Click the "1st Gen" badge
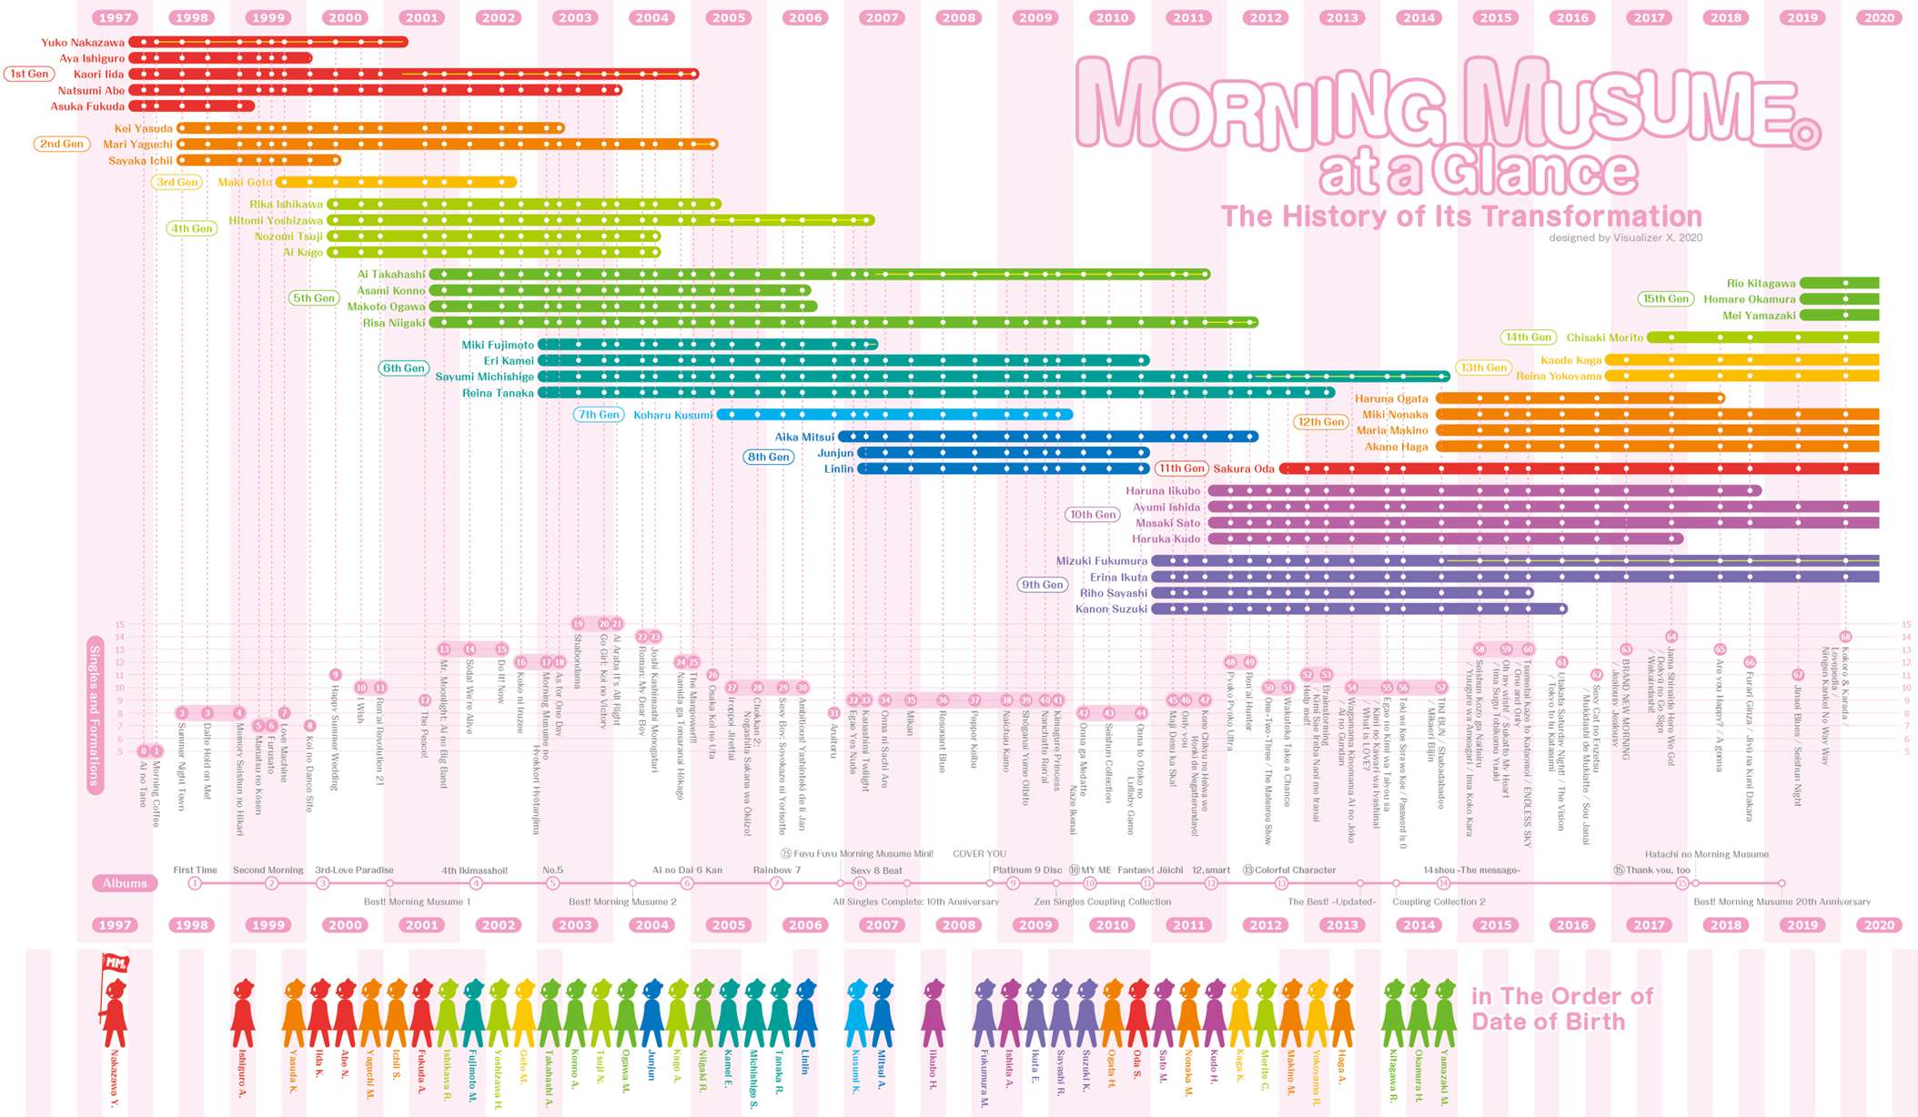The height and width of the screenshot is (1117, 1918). (x=29, y=74)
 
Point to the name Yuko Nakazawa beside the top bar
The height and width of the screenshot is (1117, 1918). (x=83, y=43)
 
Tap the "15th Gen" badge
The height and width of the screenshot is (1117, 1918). (x=1665, y=298)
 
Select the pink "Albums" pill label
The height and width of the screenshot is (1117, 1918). (x=125, y=883)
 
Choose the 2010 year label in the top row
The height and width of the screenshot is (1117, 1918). (x=1112, y=17)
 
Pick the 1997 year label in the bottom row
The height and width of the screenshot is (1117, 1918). (x=116, y=925)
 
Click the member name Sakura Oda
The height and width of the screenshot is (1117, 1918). (x=1244, y=468)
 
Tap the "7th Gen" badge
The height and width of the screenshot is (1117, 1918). (x=599, y=415)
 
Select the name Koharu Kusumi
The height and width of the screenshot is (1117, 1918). (x=673, y=415)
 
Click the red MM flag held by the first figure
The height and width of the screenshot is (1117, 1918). (x=116, y=962)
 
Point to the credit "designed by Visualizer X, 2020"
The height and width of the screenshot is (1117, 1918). (x=1625, y=238)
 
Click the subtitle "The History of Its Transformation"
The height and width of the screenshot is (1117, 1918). (x=1461, y=216)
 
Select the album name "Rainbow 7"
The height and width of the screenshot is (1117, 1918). (x=776, y=870)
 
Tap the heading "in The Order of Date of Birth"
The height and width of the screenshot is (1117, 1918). (x=1561, y=1009)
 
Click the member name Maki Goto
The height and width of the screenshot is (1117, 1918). (x=245, y=182)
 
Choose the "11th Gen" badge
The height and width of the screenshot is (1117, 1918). (x=1181, y=468)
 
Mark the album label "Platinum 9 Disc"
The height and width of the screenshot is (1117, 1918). (x=1027, y=870)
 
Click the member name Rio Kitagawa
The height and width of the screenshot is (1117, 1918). (x=1761, y=284)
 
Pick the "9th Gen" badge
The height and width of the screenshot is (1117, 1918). (x=1042, y=585)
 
